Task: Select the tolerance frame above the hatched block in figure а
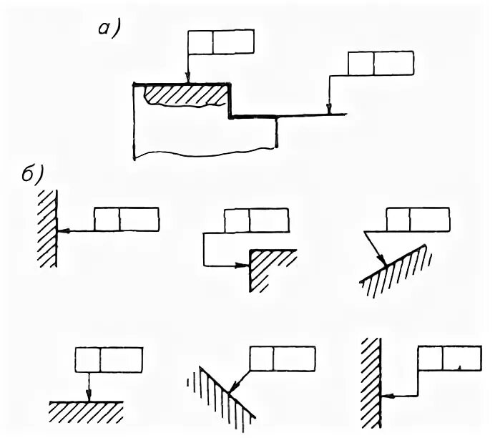click(221, 42)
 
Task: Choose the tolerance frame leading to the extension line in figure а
click(381, 63)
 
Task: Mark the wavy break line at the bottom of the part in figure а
click(207, 153)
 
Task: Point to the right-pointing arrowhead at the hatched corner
click(243, 266)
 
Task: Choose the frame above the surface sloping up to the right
click(418, 219)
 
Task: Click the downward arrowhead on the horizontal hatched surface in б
click(87, 396)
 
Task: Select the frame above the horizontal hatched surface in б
click(109, 359)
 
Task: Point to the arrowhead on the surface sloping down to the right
click(231, 391)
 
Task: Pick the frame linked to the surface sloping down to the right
click(283, 359)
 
